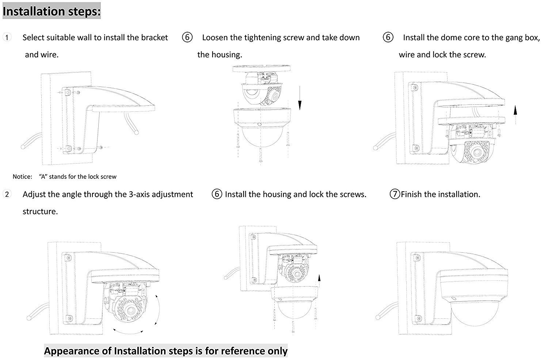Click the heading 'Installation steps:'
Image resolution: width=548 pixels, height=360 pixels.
52,11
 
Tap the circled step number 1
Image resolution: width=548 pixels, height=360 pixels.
7,37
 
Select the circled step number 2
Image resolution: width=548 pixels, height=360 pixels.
7,194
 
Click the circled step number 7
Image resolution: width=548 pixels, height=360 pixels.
395,194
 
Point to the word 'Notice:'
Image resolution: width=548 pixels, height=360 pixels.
22,177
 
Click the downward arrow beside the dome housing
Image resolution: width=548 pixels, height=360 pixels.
300,98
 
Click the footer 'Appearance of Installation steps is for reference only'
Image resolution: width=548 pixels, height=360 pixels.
166,351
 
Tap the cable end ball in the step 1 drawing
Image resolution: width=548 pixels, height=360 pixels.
23,147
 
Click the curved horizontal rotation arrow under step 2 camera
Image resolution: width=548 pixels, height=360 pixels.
128,332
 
